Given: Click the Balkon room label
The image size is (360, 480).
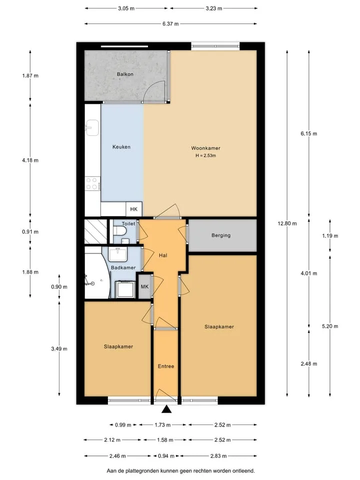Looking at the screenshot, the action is point(125,74).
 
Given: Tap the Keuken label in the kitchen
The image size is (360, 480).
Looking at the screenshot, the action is point(121,147).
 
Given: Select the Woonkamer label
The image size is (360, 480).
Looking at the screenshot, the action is point(205,148).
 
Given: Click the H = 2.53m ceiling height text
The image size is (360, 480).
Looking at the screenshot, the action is point(205,155).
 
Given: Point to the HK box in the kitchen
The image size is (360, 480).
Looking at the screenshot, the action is point(134,209).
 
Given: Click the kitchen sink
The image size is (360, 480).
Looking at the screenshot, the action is point(92,127).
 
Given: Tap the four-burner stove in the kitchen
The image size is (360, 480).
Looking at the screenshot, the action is point(92,183).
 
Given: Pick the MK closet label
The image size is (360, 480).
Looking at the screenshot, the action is point(144,286).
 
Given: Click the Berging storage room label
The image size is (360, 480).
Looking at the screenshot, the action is point(220,235).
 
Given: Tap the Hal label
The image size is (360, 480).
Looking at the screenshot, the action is point(163,255).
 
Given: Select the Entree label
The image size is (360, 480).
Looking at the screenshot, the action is point(166,366).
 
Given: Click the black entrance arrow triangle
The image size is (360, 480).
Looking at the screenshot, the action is point(166,409).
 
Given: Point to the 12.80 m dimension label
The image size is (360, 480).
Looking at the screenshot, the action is point(287,223).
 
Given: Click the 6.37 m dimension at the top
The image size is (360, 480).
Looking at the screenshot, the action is point(171,24).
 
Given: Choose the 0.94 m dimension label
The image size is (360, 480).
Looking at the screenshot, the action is point(166,456).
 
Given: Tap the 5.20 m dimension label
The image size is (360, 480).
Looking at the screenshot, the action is point(330,326).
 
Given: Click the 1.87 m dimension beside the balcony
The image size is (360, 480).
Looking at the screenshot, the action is point(30,75).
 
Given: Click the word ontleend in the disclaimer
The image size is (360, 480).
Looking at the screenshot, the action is point(244,471).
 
